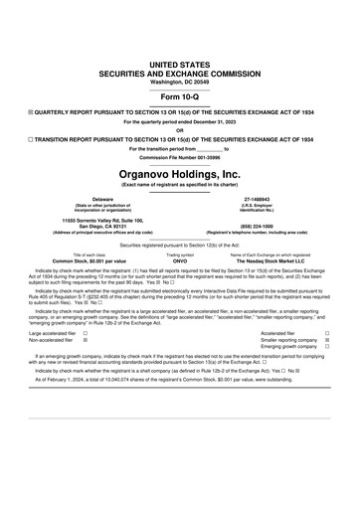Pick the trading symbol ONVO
coord(180,259)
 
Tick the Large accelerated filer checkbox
coord(86,333)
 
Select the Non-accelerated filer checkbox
coord(86,340)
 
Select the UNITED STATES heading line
coord(179,63)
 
